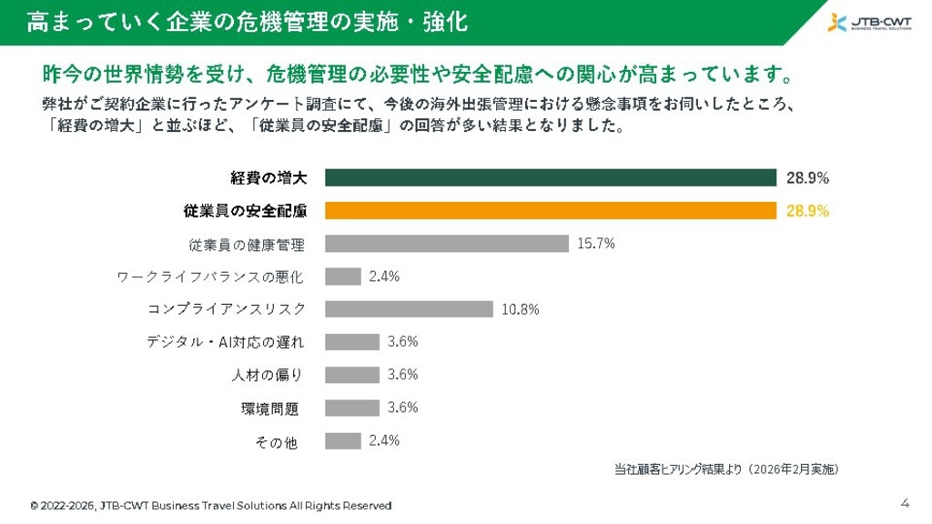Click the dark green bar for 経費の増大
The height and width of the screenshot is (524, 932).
click(550, 177)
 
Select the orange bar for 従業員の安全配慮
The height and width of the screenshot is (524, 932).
click(550, 210)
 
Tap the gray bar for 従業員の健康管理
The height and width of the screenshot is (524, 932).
click(446, 243)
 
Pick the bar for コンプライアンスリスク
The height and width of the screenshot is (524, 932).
click(409, 308)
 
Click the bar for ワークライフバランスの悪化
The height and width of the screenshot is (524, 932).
click(343, 276)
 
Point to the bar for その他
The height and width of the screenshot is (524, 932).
click(343, 440)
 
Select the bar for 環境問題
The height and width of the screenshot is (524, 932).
click(352, 408)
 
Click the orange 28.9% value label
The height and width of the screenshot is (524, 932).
click(807, 211)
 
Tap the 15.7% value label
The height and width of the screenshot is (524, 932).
click(596, 243)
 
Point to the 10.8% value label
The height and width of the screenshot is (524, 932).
click(520, 309)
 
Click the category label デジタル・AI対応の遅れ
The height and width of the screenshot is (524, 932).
click(225, 342)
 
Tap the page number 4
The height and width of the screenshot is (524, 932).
click(905, 503)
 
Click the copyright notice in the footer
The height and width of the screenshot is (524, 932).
click(210, 506)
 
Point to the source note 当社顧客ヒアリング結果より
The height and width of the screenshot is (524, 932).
click(725, 469)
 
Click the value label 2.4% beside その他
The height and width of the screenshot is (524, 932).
click(384, 440)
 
